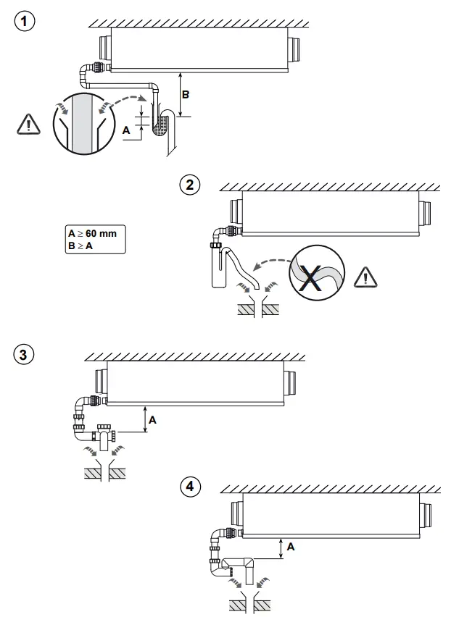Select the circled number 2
[189, 185]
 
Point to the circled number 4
[190, 487]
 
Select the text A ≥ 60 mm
[92, 234]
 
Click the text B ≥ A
[81, 246]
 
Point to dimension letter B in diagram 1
[185, 95]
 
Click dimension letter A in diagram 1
[127, 130]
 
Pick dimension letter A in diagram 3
[152, 419]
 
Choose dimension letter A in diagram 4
[290, 547]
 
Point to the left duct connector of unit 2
[235, 211]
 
